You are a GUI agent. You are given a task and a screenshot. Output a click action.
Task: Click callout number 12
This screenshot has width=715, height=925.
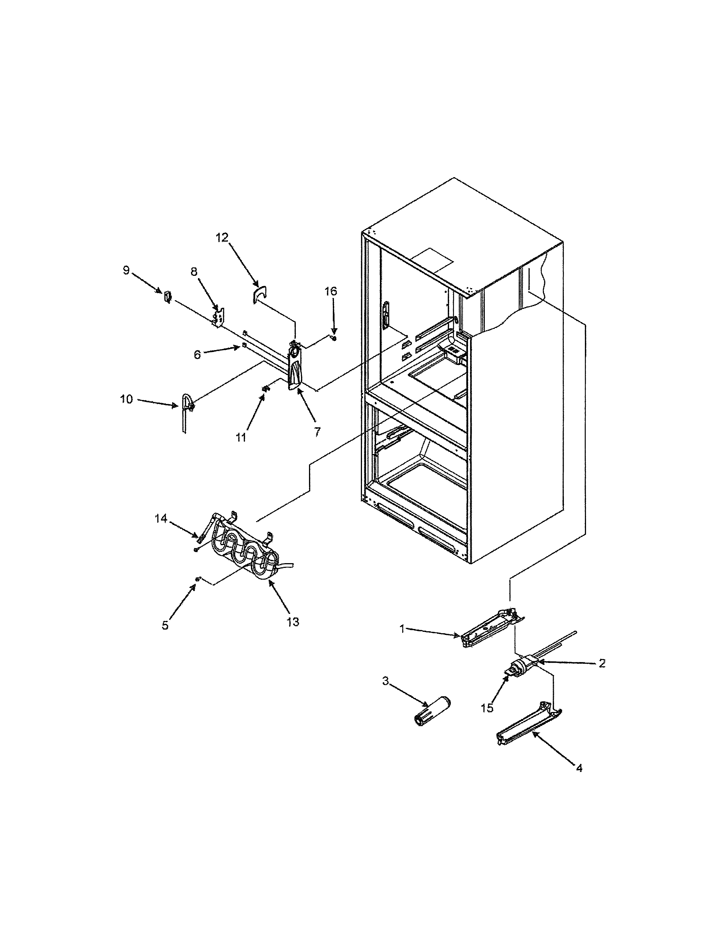click(x=222, y=237)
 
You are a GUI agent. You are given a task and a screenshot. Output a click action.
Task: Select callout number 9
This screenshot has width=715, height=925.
click(x=126, y=270)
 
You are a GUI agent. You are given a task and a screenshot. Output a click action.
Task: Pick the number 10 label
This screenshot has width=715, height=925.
click(x=126, y=399)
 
